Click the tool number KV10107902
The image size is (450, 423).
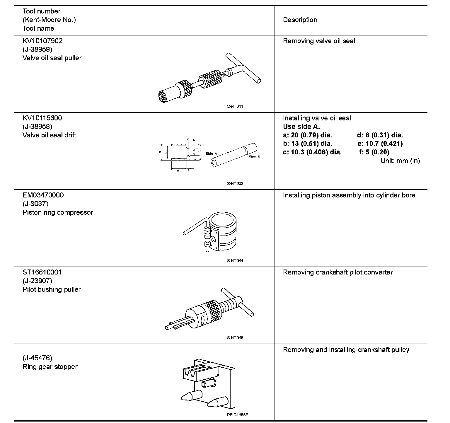pos(42,41)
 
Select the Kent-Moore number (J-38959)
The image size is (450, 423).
pos(37,49)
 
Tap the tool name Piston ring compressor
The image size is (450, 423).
pos(58,212)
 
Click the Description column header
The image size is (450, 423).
pos(300,20)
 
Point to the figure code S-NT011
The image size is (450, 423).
pos(235,106)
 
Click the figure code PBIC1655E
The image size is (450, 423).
pos(237,415)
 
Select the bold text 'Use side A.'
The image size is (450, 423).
pos(301,127)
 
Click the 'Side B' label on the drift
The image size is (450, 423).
pos(254,157)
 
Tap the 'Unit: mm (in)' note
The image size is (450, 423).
pos(400,161)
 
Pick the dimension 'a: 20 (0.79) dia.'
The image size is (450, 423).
pos(307,135)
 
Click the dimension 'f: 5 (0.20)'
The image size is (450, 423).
pos(374,152)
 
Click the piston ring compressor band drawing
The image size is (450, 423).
pos(224,231)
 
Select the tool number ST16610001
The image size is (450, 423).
pos(42,272)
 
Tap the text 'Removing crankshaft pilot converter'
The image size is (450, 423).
pos(337,272)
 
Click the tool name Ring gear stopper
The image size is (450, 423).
pos(50,367)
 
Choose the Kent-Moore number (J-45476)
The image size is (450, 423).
pos(37,358)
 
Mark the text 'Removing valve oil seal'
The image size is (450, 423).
pos(319,41)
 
